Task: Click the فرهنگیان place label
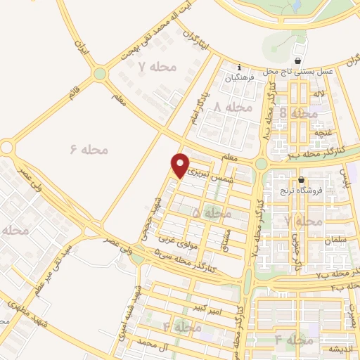point(238,79)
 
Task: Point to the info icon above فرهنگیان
point(239,67)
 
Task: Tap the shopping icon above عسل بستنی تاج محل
point(300,62)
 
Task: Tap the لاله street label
point(319,94)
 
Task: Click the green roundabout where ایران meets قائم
point(100,73)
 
